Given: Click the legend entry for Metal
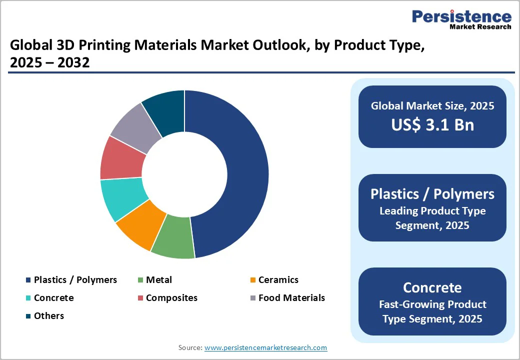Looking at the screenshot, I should [x=158, y=280].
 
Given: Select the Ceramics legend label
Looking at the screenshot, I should [x=278, y=280].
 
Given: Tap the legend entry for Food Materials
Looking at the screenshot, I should [x=291, y=298].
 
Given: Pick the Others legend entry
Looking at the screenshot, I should [x=48, y=316].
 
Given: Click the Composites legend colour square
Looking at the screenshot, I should [x=141, y=298].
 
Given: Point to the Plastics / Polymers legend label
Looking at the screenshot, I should [x=75, y=280].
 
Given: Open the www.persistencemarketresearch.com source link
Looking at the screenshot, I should [x=265, y=347].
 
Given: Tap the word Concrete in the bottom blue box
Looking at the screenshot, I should [x=432, y=287].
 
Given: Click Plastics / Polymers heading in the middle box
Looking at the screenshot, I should [x=432, y=194].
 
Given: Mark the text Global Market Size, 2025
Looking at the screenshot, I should [x=432, y=106].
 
